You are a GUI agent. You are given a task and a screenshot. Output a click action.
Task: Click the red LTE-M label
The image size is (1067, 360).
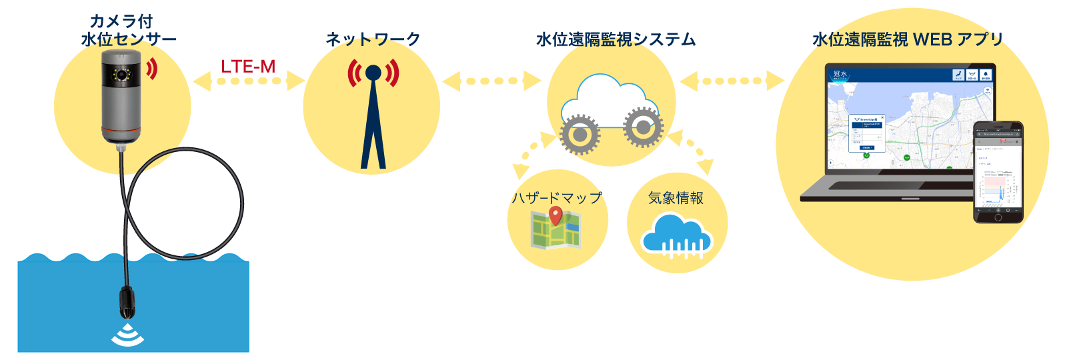coord(248,67)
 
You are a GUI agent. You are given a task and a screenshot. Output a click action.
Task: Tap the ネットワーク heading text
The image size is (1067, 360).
coord(373,39)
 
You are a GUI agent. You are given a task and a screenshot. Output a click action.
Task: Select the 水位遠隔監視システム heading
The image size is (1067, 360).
coord(616,40)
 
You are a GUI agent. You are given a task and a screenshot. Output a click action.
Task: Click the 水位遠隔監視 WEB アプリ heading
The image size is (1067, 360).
coord(908,40)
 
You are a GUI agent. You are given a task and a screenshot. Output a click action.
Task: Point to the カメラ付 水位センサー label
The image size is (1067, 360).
coord(129,31)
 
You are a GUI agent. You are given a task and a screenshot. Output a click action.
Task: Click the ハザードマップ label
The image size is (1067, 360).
coord(557,198)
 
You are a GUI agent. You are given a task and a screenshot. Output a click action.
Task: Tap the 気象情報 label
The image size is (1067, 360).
coord(676,198)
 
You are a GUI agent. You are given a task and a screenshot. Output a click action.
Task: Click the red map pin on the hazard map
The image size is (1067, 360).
coord(556,215)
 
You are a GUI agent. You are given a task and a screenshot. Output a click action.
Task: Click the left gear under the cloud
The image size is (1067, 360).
coord(580,134)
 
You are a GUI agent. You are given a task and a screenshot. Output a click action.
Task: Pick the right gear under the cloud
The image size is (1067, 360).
coord(643,127)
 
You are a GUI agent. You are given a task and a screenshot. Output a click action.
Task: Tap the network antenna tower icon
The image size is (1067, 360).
coord(373,113)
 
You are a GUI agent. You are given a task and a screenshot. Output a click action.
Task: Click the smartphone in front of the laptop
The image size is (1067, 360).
coord(998,171)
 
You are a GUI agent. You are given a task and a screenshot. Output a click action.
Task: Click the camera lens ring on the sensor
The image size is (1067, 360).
coord(121,74)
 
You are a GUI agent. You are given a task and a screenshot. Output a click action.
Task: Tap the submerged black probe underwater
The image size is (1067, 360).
coord(127,303)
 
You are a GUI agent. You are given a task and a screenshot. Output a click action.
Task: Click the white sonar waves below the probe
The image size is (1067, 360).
coord(127,337)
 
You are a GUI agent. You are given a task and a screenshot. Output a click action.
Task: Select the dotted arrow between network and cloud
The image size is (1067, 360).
coord(492,81)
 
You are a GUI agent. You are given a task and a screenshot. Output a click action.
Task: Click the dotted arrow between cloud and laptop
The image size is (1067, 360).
coord(732,81)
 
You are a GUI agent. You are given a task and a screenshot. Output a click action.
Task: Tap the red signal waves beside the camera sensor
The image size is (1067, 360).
coord(153,68)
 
